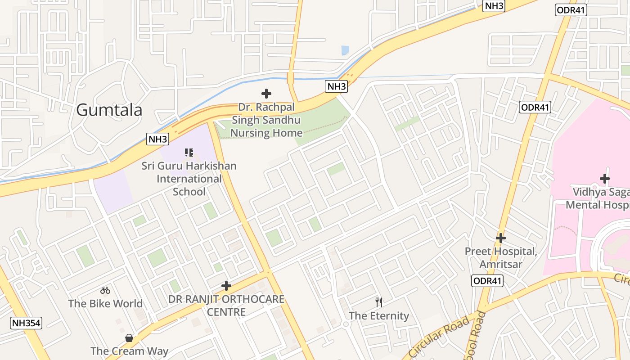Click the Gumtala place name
click(x=109, y=110)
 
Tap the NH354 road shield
click(x=26, y=323)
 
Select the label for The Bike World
click(x=105, y=304)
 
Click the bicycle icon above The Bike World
click(x=105, y=290)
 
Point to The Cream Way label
click(x=129, y=351)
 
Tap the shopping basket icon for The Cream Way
click(x=129, y=337)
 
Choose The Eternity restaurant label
click(x=379, y=316)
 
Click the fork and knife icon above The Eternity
click(x=379, y=302)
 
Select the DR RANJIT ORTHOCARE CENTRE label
click(x=226, y=306)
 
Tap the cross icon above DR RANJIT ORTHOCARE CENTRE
click(x=226, y=286)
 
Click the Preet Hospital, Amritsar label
click(x=501, y=257)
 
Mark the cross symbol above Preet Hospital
click(x=501, y=238)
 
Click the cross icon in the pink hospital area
click(x=604, y=179)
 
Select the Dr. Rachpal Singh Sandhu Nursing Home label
click(x=266, y=120)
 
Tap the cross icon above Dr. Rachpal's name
click(x=266, y=94)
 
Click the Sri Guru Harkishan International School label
click(x=189, y=179)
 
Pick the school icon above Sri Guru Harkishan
click(x=189, y=153)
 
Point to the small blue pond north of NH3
click(x=345, y=50)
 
